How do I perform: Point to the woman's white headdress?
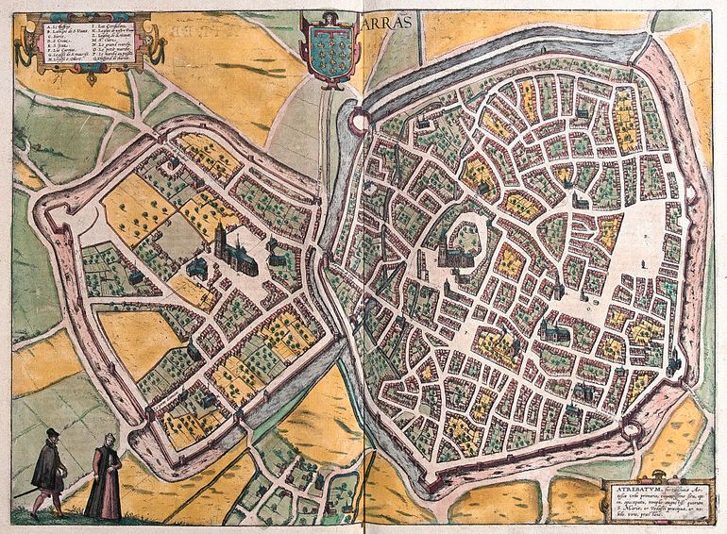click(107, 441)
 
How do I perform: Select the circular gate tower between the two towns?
click(359, 120)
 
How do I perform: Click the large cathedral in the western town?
click(227, 247)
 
